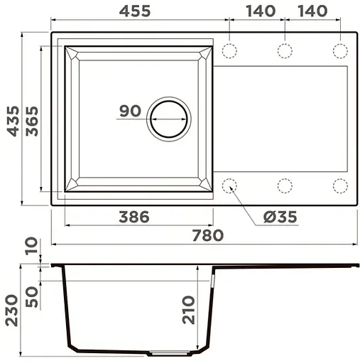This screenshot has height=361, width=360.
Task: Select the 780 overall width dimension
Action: [208, 235]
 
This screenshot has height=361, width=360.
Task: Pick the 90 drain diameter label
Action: [129, 112]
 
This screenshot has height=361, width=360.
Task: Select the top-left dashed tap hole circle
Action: [229, 51]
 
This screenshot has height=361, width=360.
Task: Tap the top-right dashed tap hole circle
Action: [339, 51]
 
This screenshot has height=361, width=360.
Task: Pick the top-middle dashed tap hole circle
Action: [284, 51]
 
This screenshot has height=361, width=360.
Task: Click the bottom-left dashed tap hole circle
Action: [229, 186]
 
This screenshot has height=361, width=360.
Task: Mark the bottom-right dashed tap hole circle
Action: [339, 186]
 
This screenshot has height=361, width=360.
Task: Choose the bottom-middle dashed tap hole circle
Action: [284, 186]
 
